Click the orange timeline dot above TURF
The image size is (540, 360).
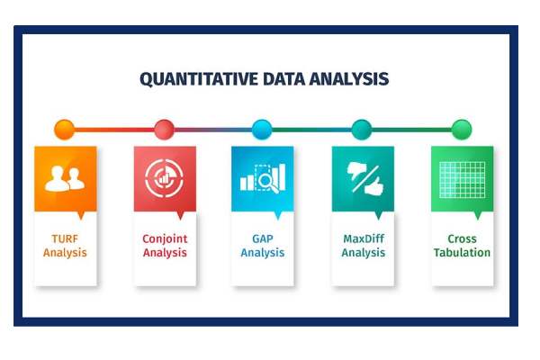pyautogui.click(x=65, y=129)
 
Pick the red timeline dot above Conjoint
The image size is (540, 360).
pyautogui.click(x=164, y=129)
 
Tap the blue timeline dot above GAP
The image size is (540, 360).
pyautogui.click(x=262, y=129)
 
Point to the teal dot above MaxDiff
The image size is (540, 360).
pyautogui.click(x=362, y=129)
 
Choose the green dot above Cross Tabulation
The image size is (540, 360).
pyautogui.click(x=461, y=129)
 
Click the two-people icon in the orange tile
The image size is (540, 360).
pyautogui.click(x=65, y=178)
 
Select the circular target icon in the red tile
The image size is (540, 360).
pyautogui.click(x=164, y=178)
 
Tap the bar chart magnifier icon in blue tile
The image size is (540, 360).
pyautogui.click(x=262, y=178)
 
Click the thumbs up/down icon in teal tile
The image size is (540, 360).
pyautogui.click(x=362, y=178)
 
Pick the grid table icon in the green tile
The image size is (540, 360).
pyautogui.click(x=461, y=178)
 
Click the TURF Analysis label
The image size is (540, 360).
pyautogui.click(x=65, y=246)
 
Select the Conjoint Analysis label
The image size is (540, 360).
pyautogui.click(x=164, y=246)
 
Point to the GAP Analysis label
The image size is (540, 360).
pyautogui.click(x=262, y=246)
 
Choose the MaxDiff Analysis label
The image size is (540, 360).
pyautogui.click(x=362, y=246)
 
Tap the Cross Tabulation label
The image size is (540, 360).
pyautogui.click(x=461, y=246)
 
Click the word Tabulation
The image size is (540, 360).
pyautogui.click(x=461, y=253)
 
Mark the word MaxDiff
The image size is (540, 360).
pyautogui.click(x=362, y=239)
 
